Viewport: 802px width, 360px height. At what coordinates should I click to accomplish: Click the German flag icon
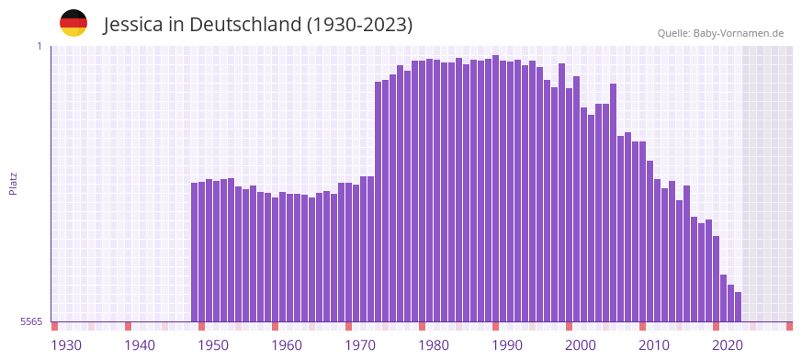(x=73, y=23)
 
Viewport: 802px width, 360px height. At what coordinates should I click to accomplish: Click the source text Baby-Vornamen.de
(x=738, y=33)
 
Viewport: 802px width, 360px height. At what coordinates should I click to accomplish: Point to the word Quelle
(x=673, y=33)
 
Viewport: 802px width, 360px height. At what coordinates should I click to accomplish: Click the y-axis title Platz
(x=13, y=183)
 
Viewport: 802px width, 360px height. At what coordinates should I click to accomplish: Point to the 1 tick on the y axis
(x=40, y=46)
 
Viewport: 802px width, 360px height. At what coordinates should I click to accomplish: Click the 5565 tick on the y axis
(x=31, y=321)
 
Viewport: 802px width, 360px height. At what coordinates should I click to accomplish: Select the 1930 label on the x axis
(x=66, y=345)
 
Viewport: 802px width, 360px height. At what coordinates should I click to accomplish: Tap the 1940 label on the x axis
(x=140, y=345)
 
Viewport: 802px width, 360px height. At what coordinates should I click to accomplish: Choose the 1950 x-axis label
(x=213, y=345)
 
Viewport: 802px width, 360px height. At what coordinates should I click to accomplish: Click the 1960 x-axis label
(x=287, y=345)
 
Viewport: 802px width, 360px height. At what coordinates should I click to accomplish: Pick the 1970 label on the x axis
(x=360, y=345)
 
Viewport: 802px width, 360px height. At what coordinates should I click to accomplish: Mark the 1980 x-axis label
(x=434, y=345)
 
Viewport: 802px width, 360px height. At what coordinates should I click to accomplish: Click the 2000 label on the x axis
(x=581, y=345)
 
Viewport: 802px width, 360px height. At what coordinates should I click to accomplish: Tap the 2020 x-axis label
(x=728, y=345)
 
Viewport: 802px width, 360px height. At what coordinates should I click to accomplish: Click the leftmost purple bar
(x=195, y=253)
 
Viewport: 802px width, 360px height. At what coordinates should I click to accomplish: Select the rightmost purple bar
(x=739, y=307)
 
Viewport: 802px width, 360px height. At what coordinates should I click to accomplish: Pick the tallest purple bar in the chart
(x=496, y=188)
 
